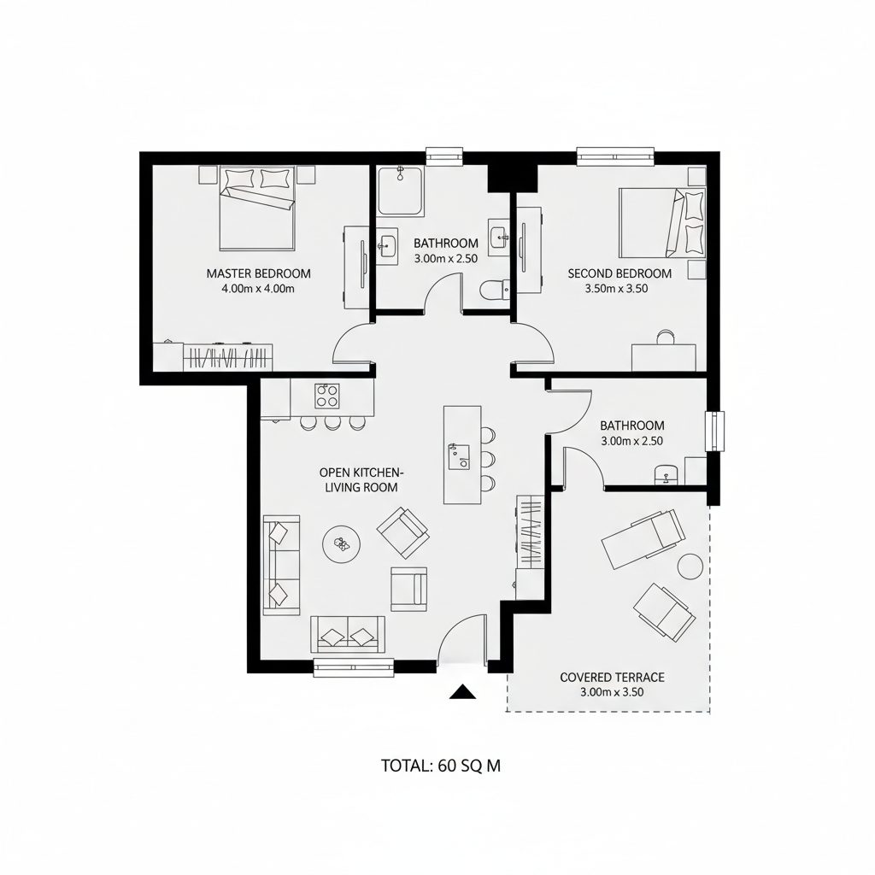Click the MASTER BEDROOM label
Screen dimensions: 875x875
pos(258,273)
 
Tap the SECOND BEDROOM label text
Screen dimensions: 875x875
pos(620,273)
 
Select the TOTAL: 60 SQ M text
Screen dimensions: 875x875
pos(440,766)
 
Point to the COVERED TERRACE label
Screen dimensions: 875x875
pos(612,678)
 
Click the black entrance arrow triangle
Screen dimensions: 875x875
pos(462,692)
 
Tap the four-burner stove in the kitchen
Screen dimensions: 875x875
pos(328,396)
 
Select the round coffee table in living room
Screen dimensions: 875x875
pos(342,543)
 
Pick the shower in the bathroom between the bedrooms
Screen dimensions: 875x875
pos(400,191)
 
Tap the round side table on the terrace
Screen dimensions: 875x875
pos(690,566)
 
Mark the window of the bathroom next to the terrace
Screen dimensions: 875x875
pos(714,432)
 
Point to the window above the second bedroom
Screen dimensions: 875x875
pos(616,156)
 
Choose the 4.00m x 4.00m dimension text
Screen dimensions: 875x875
pos(258,289)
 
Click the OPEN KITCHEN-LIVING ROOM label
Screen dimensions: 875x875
pos(361,479)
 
